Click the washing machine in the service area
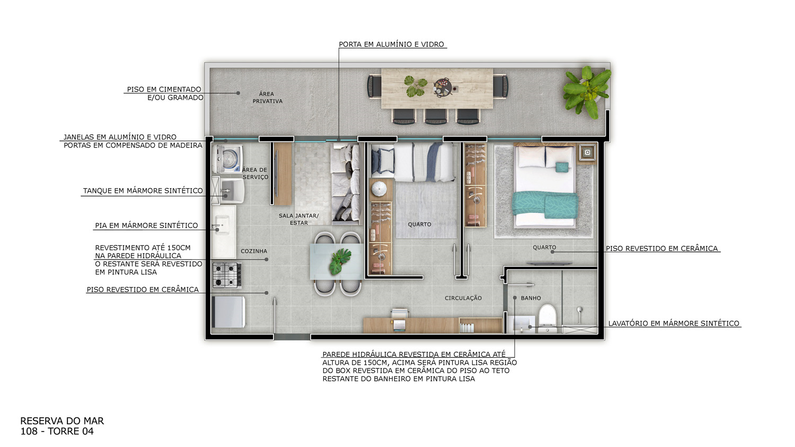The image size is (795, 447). tap(227, 159)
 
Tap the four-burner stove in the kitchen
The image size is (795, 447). tap(227, 275)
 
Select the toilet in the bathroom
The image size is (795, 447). tap(547, 317)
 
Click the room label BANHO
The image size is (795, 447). tap(531, 298)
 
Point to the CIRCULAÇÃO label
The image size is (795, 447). tap(463, 298)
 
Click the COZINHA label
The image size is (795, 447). tap(254, 251)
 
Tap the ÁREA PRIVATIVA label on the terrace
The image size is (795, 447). tap(267, 98)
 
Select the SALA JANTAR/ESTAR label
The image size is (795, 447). tap(299, 220)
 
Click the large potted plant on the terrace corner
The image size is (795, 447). tap(587, 92)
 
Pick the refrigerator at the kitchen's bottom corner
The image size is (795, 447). tap(228, 312)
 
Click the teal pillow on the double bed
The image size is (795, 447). tap(562, 166)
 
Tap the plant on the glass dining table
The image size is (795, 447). tap(340, 261)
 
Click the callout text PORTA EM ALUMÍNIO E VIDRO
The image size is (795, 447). tap(392, 45)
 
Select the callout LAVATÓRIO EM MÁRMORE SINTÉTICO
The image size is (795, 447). tap(674, 323)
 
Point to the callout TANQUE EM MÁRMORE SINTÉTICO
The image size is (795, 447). tap(143, 191)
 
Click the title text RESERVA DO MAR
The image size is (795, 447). tap(62, 421)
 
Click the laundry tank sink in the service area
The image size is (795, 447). tap(232, 191)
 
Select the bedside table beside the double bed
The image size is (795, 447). tap(587, 153)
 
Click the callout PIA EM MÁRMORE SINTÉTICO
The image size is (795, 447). tap(146, 225)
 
